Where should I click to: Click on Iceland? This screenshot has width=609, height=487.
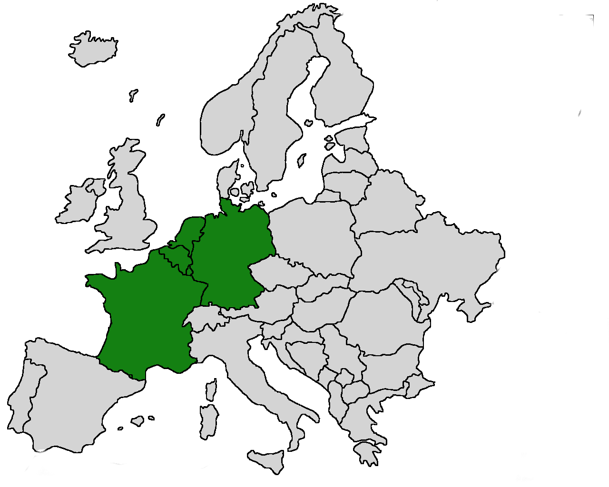pos(94,49)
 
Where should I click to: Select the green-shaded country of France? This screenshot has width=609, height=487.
pos(143,314)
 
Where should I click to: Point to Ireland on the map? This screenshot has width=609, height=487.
pos(79,205)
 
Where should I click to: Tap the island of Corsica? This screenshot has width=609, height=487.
pos(210,390)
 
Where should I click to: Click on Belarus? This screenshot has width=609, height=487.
pos(385,205)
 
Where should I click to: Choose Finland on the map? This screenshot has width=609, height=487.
pos(343,86)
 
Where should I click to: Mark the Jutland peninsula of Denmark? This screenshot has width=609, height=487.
pos(226,178)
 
